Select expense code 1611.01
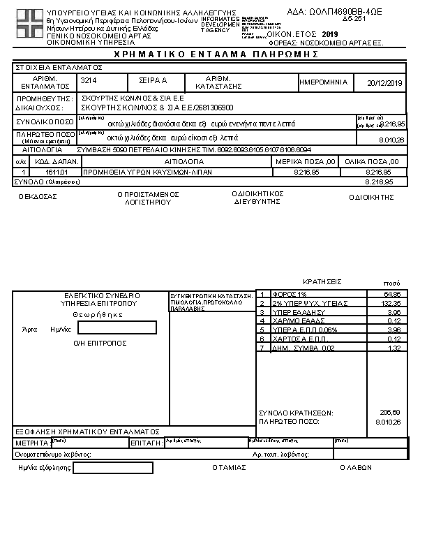click(55, 171)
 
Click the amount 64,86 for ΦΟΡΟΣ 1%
click(392, 295)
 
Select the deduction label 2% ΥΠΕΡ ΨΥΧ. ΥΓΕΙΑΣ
click(301, 303)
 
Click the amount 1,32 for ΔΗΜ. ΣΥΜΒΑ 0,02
click(394, 348)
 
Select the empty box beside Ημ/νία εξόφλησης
click(113, 468)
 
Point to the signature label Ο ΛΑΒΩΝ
click(355, 468)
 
